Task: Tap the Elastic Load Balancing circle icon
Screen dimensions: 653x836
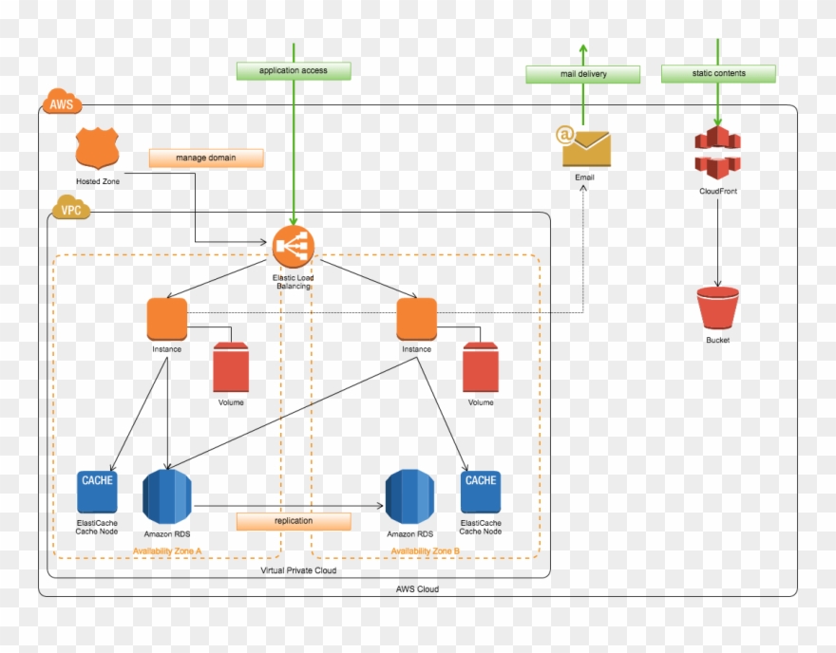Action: coord(294,247)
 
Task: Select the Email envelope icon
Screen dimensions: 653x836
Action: coord(585,147)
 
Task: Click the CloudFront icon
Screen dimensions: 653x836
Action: coord(717,153)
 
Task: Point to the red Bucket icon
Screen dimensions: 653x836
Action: coord(717,308)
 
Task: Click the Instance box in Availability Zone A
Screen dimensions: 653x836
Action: coord(167,319)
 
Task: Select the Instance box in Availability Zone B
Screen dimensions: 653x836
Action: coord(416,319)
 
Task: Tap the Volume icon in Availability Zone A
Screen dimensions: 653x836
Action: coord(231,367)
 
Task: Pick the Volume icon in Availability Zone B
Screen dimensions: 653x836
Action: coord(481,367)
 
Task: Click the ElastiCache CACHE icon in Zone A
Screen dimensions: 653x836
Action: coord(97,492)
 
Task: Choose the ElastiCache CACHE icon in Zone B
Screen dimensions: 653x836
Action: coord(481,492)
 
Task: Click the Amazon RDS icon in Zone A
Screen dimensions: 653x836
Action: coord(167,496)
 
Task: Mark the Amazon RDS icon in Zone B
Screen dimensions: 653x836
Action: coord(409,496)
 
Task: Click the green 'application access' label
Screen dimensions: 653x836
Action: coord(294,70)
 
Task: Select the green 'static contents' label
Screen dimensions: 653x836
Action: coord(718,73)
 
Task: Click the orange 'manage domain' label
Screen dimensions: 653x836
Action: coord(205,158)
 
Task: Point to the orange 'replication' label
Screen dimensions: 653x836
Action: coord(294,521)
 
